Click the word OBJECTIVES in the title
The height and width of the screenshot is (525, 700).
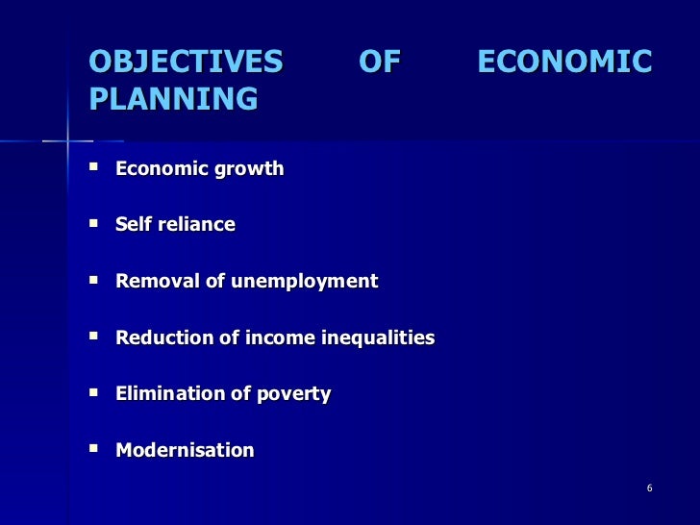pos(186,62)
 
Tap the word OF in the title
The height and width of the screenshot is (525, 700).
pos(379,62)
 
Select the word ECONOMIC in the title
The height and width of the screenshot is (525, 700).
pos(564,62)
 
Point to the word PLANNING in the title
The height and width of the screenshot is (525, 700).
pos(173,99)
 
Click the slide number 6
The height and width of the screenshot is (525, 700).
pos(649,488)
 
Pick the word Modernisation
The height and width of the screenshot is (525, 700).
pos(185,450)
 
